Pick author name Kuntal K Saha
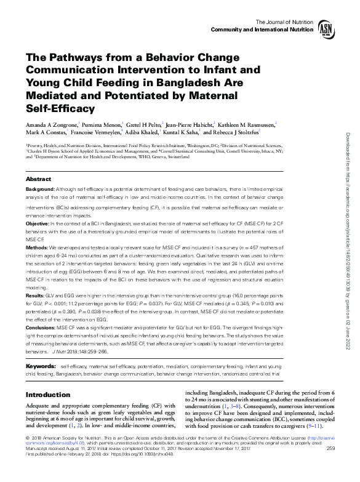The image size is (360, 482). click(180, 132)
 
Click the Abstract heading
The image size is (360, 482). click(38, 179)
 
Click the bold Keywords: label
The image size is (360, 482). click(41, 366)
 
